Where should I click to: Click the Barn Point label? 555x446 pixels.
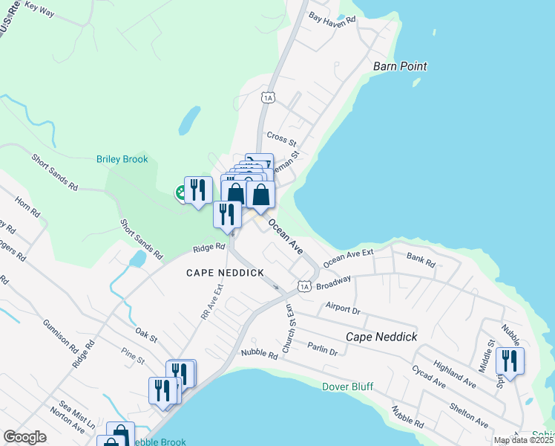point(401,66)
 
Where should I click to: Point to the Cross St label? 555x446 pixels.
point(281,139)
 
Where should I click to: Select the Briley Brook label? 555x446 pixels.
point(122,159)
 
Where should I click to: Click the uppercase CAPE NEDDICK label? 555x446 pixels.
point(225,273)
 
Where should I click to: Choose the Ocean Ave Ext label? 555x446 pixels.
point(348,256)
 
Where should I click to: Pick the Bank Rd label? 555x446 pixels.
point(421,259)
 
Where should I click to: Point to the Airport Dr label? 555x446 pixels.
point(342,308)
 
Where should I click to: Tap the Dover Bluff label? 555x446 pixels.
point(347,387)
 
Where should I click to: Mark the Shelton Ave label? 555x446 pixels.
point(469,416)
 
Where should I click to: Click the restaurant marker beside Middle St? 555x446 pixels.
point(510,361)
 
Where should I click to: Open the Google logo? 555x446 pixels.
point(24,437)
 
